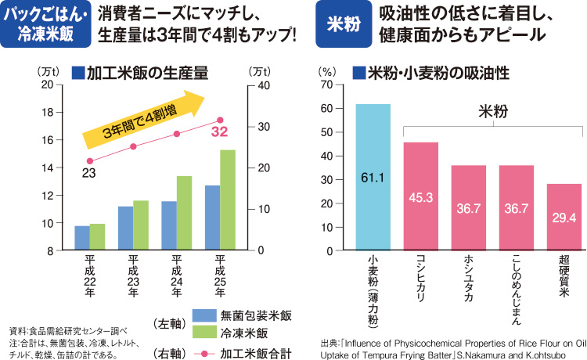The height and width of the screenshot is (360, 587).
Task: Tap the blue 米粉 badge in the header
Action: pos(342,24)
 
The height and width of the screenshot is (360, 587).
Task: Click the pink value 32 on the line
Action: pos(219,131)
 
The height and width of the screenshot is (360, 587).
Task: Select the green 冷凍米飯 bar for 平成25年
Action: pos(228,200)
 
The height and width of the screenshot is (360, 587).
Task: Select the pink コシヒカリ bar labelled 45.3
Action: pos(420,196)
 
